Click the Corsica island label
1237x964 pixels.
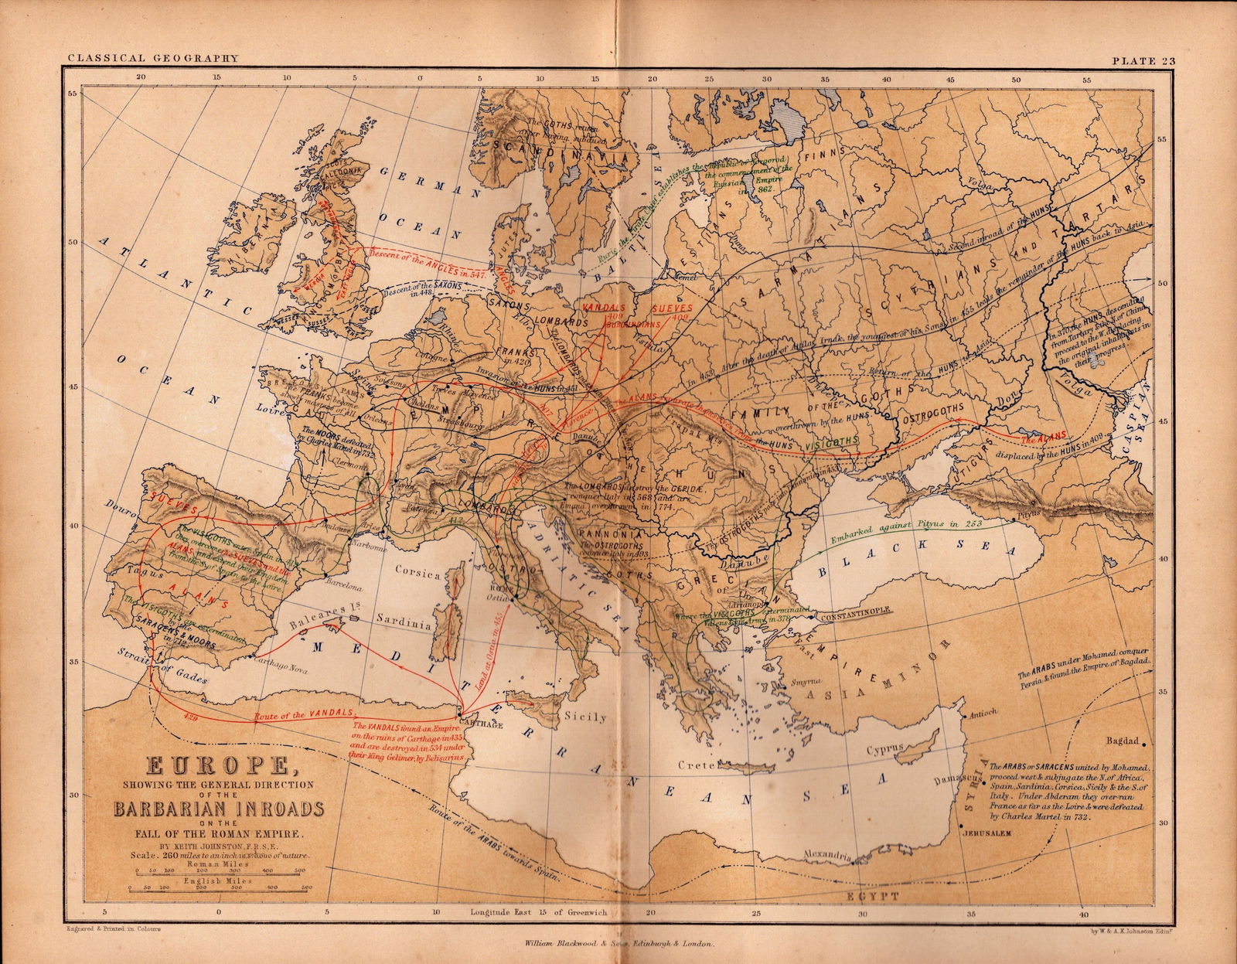[417, 574]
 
